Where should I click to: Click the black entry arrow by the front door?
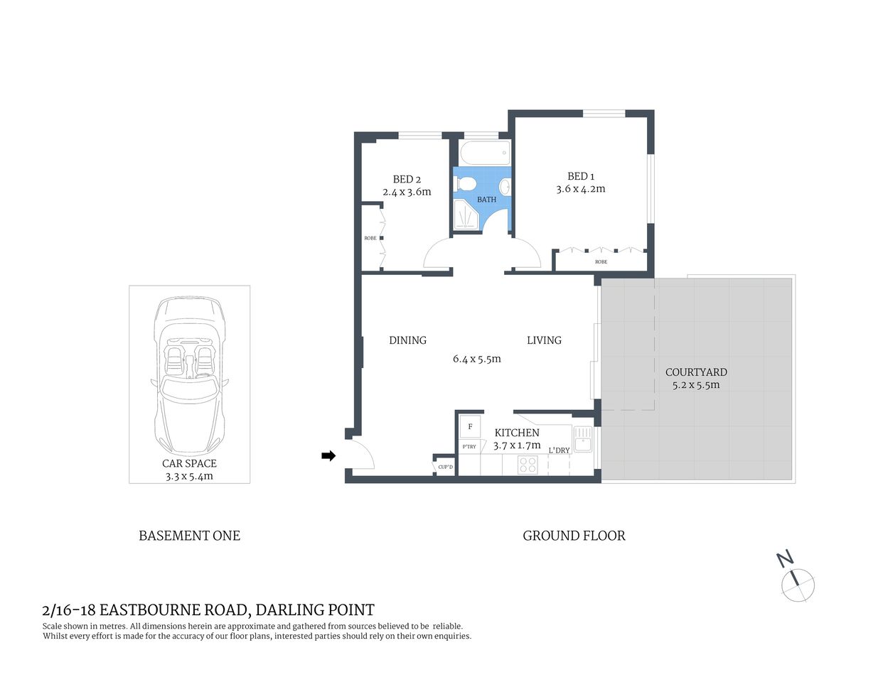pos(328,456)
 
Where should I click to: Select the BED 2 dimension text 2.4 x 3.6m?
pos(407,192)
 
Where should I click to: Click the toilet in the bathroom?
pos(467,184)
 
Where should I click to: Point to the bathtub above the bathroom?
pos(485,152)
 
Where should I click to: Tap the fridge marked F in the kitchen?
pos(469,428)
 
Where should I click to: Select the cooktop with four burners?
pos(528,465)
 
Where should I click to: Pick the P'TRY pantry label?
pos(469,447)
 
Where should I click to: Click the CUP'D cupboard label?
pos(446,467)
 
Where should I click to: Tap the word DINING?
pos(407,340)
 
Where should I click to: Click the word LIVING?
pos(544,340)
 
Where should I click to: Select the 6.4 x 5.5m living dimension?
pos(476,359)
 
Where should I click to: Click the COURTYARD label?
pos(695,372)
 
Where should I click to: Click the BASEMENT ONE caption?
pos(189,536)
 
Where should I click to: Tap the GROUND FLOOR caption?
pos(574,536)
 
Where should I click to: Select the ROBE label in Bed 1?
pos(601,261)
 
